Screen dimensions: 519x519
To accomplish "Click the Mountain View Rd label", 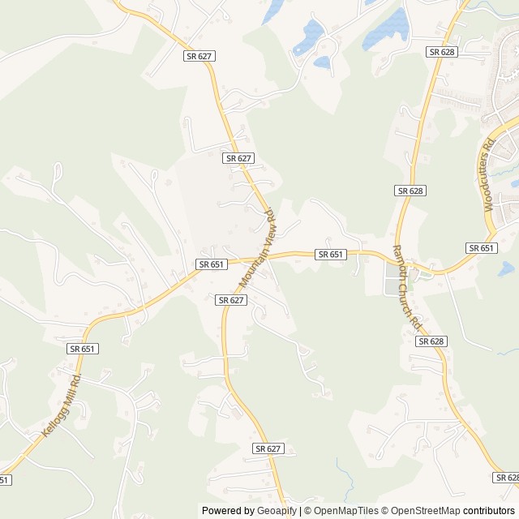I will [x=259, y=248].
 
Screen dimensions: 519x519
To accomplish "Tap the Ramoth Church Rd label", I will [x=408, y=287].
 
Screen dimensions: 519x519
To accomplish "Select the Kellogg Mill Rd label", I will [x=61, y=403].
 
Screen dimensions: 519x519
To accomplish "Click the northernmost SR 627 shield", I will [x=199, y=56].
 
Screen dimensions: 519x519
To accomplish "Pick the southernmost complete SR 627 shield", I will [x=268, y=448].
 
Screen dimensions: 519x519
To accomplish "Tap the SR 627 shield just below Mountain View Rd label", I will [x=231, y=300].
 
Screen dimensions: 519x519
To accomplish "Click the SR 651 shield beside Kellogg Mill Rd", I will [x=82, y=349].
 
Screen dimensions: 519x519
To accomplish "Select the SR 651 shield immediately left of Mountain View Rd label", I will [x=211, y=264].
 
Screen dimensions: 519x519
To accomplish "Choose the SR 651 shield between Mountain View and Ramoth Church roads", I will [x=331, y=255].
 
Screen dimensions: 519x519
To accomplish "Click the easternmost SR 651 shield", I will [x=482, y=248].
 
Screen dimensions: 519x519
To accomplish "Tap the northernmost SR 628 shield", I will [x=442, y=52].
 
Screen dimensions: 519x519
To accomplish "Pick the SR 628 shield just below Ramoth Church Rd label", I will [x=431, y=341].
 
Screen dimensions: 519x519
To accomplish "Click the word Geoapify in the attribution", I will [x=276, y=511].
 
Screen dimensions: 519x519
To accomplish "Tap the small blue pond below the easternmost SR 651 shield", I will [x=506, y=268].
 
